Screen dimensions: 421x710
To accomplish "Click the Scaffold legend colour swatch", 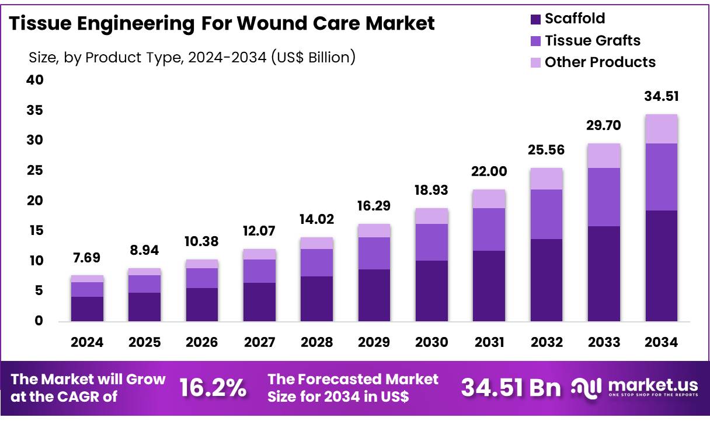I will click(535, 19).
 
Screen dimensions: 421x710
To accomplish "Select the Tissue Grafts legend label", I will click(593, 41).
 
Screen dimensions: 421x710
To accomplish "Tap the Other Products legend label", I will click(600, 62).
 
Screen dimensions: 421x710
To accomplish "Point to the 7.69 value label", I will click(87, 258).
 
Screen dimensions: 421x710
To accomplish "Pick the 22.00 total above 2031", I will click(489, 172).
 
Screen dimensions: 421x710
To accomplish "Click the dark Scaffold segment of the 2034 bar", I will click(662, 265).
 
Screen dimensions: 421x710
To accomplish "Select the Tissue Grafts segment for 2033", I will click(604, 197).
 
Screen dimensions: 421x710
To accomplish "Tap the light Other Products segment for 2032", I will click(547, 178).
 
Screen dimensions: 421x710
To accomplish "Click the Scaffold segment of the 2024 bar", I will click(87, 308).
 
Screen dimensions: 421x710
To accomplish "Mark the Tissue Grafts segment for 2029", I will click(374, 253).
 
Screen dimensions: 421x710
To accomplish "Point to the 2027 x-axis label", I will click(259, 343).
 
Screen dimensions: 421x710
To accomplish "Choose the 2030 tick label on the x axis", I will click(431, 343).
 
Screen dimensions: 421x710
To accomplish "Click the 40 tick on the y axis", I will click(35, 80).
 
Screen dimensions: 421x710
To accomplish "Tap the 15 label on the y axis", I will click(35, 231).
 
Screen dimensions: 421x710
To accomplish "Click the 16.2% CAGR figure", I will click(213, 388).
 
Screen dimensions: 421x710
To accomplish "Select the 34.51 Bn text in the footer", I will click(510, 388).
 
